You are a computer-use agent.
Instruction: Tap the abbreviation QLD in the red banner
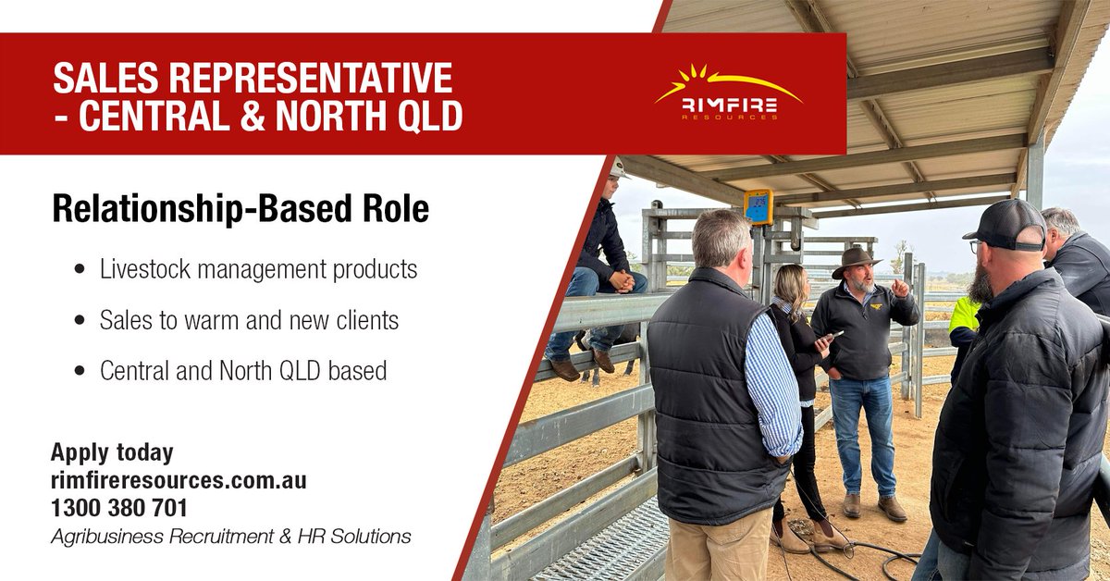[422, 117]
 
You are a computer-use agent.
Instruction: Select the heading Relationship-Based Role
[240, 210]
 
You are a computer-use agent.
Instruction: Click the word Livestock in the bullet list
[143, 269]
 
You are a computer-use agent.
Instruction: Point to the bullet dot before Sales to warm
[80, 321]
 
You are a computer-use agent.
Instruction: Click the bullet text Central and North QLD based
[242, 371]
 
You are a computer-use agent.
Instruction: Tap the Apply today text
[112, 452]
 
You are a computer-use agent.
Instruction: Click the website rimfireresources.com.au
[179, 480]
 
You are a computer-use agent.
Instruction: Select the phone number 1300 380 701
[119, 508]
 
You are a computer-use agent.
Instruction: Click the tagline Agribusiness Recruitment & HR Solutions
[230, 536]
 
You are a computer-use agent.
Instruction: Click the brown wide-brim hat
[855, 260]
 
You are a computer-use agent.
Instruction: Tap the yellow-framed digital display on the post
[758, 206]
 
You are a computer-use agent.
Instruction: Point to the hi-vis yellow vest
[965, 314]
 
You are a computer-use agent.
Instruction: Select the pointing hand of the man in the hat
[899, 286]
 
